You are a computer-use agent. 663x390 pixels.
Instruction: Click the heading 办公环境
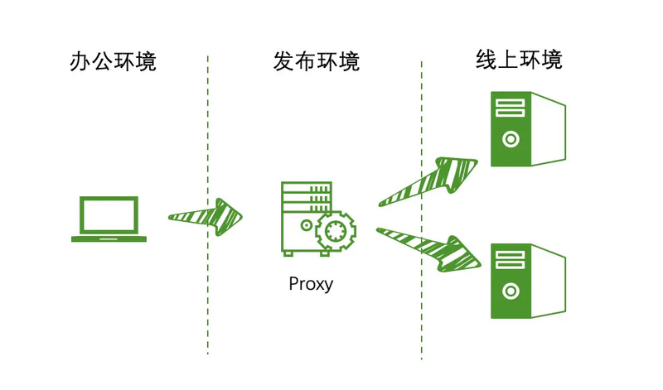click(113, 62)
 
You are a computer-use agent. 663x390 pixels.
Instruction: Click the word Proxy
click(311, 284)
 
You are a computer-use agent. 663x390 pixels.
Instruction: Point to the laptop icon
click(109, 219)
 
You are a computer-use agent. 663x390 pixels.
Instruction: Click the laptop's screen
click(109, 214)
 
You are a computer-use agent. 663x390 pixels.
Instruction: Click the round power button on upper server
click(511, 138)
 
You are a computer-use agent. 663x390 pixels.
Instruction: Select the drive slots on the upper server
click(511, 108)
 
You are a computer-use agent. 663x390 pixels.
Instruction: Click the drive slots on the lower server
click(511, 258)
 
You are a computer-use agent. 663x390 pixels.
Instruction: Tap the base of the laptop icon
click(109, 238)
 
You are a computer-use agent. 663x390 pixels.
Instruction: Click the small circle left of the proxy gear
click(307, 226)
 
